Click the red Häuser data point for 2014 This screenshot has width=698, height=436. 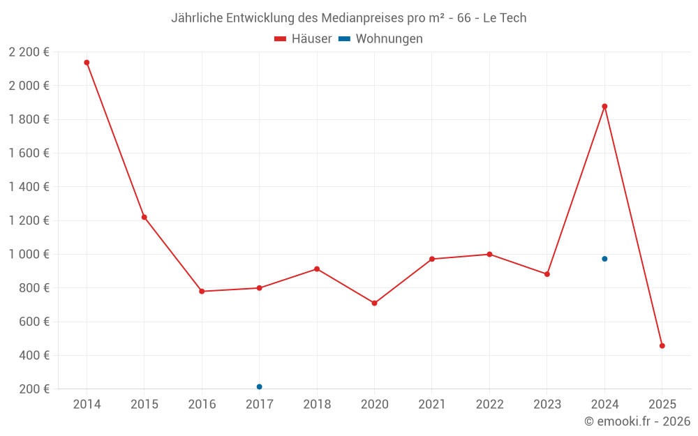pyautogui.click(x=87, y=63)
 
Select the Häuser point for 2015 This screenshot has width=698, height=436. pyautogui.click(x=144, y=217)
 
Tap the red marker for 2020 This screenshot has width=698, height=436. pyautogui.click(x=374, y=303)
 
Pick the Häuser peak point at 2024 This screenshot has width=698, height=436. pyautogui.click(x=604, y=107)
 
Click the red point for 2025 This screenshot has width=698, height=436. pyautogui.click(x=662, y=346)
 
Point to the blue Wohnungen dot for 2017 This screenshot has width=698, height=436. pyautogui.click(x=259, y=386)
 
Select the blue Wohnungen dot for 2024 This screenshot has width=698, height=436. pyautogui.click(x=604, y=259)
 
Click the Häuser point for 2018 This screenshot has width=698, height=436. pyautogui.click(x=317, y=269)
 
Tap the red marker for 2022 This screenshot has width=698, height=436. pyautogui.click(x=489, y=254)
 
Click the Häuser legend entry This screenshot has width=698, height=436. pyautogui.click(x=303, y=39)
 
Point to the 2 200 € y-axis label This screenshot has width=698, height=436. pyautogui.click(x=29, y=52)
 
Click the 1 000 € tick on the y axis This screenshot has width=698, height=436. pyautogui.click(x=29, y=255)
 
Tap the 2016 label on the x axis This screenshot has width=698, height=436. pyautogui.click(x=202, y=405)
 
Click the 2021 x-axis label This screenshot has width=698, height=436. pyautogui.click(x=432, y=405)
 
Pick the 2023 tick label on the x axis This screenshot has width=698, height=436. pyautogui.click(x=547, y=405)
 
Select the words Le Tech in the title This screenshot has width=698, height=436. pyautogui.click(x=505, y=18)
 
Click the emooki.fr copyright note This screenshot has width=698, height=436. pyautogui.click(x=637, y=421)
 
